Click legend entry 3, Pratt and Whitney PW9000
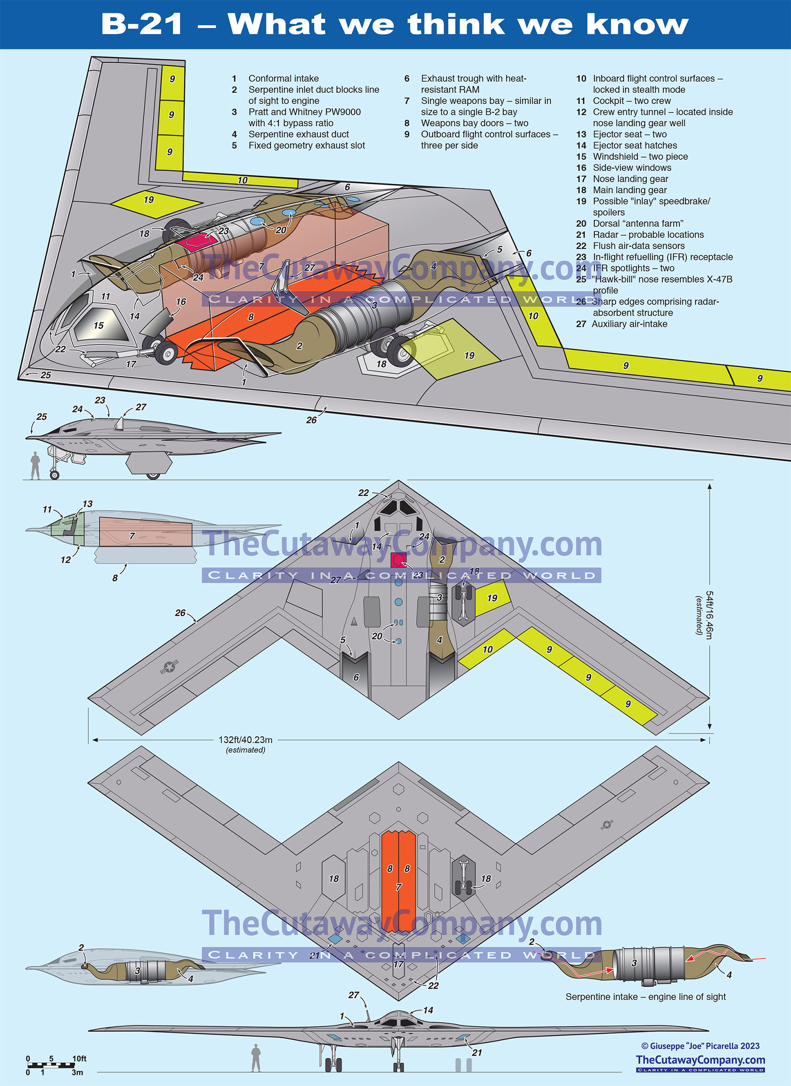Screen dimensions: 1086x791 point(304,112)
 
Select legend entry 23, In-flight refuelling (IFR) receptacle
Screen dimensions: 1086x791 point(662,257)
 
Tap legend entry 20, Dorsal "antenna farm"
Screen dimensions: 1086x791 point(638,224)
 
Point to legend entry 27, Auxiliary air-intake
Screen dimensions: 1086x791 point(629,324)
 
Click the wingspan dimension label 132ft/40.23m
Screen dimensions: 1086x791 point(246,740)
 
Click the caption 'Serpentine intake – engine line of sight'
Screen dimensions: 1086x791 point(645,996)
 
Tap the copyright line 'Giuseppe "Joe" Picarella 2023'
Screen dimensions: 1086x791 point(700,1046)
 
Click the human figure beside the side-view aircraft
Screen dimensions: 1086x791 point(35,465)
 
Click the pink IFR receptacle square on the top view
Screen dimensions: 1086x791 point(398,559)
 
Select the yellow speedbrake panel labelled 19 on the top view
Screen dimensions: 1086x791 point(492,598)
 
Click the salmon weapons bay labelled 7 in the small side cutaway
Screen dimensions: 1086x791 point(145,532)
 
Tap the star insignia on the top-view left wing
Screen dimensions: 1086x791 point(170,667)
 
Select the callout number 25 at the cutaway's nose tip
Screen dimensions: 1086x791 point(46,375)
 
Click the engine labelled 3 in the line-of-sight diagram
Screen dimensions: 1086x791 point(649,963)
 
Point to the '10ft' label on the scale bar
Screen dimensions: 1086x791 point(79,1058)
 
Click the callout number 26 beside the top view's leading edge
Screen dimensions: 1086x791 point(180,613)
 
